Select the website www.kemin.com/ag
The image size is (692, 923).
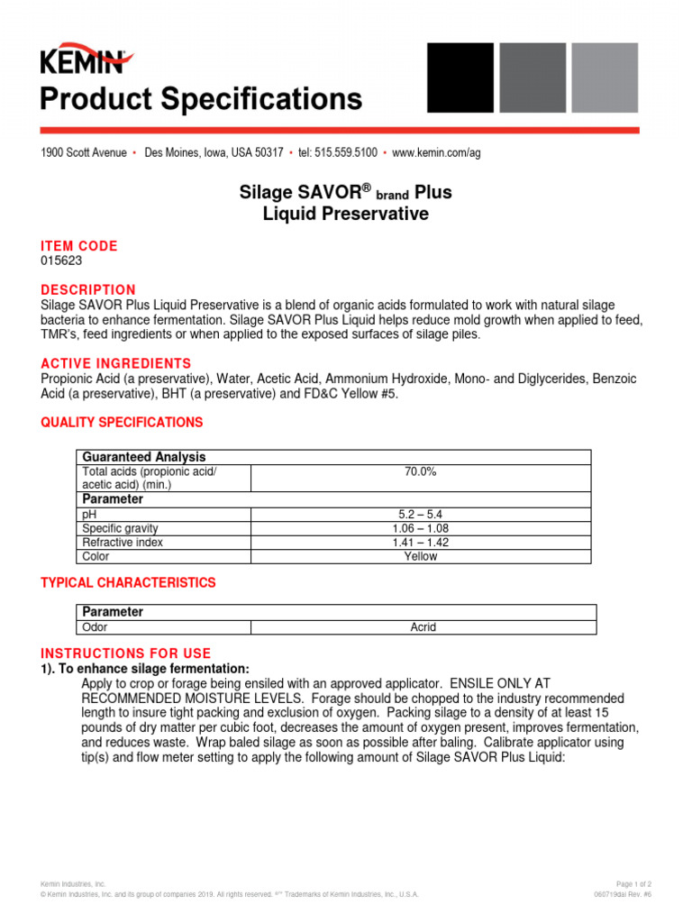pyautogui.click(x=436, y=153)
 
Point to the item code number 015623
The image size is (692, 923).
pyautogui.click(x=60, y=260)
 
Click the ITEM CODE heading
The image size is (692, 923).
pyautogui.click(x=78, y=246)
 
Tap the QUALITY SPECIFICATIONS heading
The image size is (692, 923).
pyautogui.click(x=122, y=422)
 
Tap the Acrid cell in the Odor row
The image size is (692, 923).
pyautogui.click(x=423, y=627)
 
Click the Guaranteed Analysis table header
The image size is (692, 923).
pyautogui.click(x=144, y=457)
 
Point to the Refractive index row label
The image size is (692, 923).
pyautogui.click(x=123, y=543)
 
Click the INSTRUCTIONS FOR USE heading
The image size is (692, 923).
pyautogui.click(x=126, y=653)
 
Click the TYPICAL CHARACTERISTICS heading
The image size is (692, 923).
pyautogui.click(x=128, y=583)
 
